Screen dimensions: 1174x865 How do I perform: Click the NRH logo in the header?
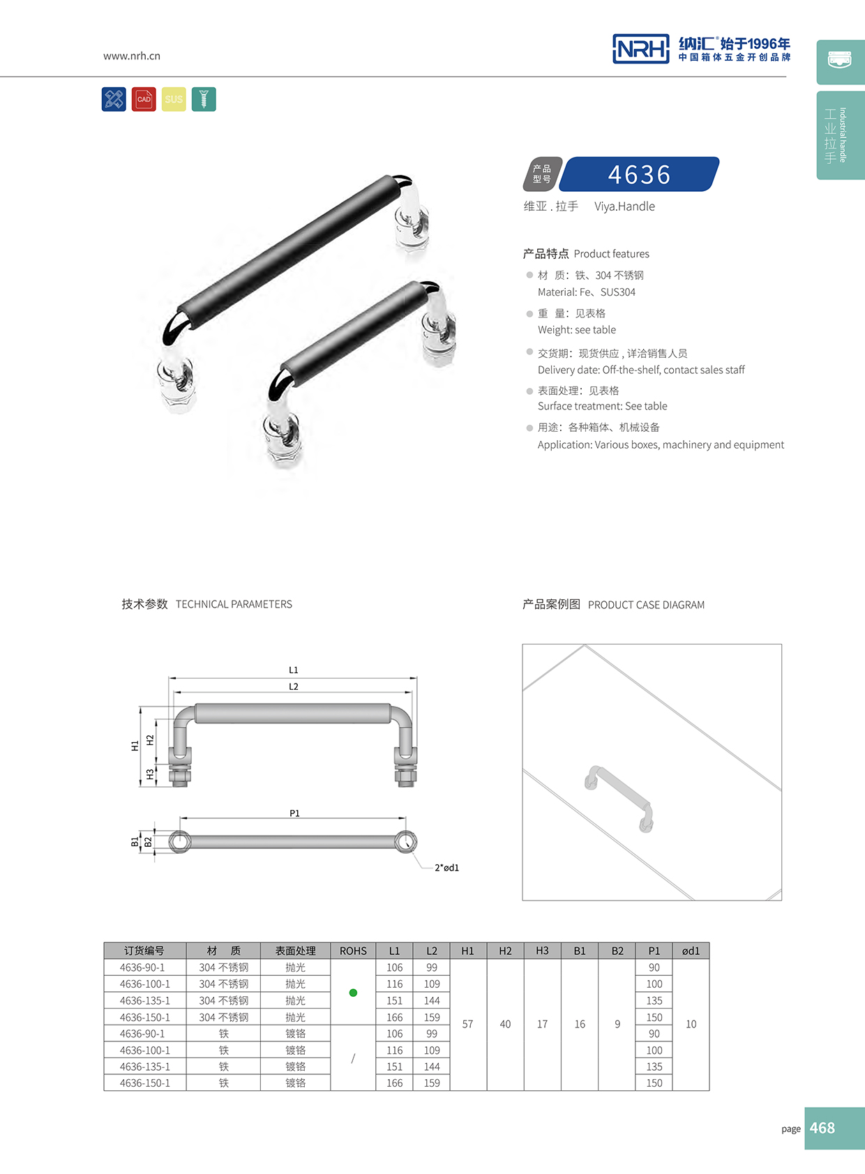tap(640, 49)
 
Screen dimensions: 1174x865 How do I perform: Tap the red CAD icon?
tap(144, 99)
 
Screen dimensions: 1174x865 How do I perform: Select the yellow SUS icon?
tap(174, 99)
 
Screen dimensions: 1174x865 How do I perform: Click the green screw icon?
tap(204, 99)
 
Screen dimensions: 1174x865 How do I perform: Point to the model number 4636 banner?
tap(639, 174)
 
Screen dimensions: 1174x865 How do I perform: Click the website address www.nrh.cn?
tap(132, 56)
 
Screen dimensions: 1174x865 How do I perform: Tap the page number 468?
tap(822, 1128)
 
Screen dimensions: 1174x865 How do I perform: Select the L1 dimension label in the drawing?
tap(294, 670)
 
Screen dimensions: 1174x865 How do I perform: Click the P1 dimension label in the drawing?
tap(294, 813)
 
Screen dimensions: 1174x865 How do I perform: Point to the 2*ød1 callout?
tap(446, 868)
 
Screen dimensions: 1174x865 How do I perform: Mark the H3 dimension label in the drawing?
tap(150, 774)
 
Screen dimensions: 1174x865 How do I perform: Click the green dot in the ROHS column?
tap(353, 993)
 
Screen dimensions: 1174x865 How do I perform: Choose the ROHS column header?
tap(353, 951)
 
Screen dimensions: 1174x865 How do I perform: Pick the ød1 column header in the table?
tap(691, 951)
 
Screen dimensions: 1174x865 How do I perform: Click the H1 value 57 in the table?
tap(467, 1024)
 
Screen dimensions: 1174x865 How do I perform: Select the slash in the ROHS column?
tap(353, 1058)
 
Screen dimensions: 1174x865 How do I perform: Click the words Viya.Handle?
tap(624, 206)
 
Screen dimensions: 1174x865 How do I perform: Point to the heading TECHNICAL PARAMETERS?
tap(234, 604)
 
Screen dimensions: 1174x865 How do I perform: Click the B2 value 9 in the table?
tap(617, 1024)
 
